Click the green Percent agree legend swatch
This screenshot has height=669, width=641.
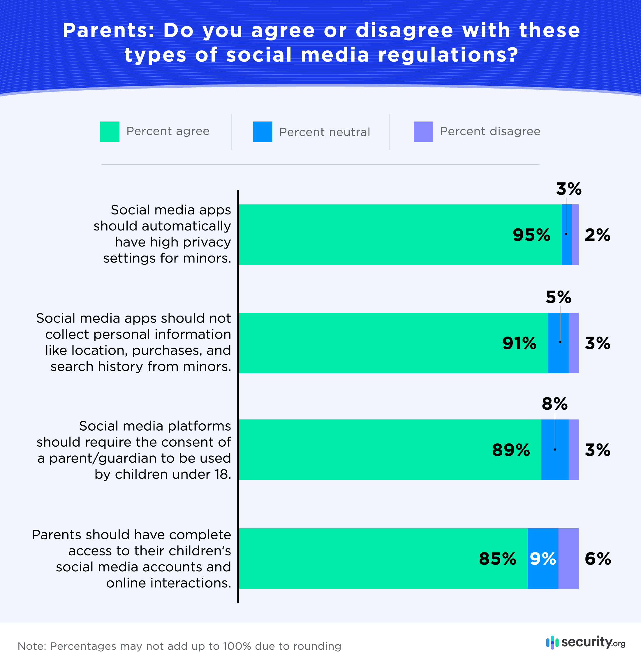click(x=110, y=132)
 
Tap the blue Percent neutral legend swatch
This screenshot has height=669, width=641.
click(x=262, y=132)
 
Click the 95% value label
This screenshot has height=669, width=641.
click(x=531, y=235)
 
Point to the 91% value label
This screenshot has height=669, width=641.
click(x=519, y=343)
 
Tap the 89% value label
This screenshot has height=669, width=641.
click(x=511, y=450)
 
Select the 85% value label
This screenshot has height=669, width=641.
click(x=497, y=559)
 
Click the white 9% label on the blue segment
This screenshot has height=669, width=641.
click(x=543, y=559)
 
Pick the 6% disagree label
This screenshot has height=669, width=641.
click(x=597, y=559)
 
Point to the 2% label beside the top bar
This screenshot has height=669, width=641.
click(x=597, y=235)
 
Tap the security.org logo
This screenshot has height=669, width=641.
click(x=585, y=643)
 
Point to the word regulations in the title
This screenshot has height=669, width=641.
click(x=448, y=55)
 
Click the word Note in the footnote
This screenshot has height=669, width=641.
click(x=31, y=646)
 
